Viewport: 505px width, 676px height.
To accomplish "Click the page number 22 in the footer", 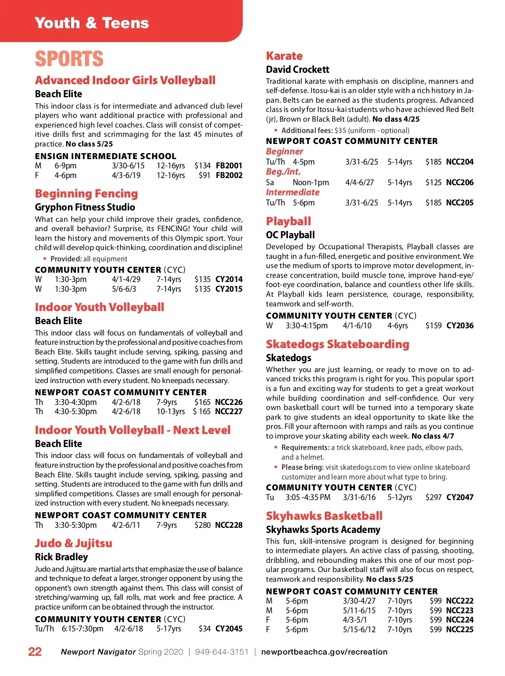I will [35, 652].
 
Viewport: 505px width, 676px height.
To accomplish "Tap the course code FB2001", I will [229, 165].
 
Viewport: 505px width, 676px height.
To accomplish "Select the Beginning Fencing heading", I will [86, 194].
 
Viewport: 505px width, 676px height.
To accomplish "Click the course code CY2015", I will [229, 289].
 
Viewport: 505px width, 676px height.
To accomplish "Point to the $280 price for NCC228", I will [202, 525].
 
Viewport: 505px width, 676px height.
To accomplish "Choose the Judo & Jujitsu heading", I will [74, 543].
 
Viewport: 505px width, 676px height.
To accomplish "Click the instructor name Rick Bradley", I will [61, 557].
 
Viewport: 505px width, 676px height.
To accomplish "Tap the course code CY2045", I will [229, 628].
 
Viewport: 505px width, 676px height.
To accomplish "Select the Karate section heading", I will [284, 56].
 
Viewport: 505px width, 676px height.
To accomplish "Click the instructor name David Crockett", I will [298, 69].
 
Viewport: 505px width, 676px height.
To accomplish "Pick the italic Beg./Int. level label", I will [283, 172].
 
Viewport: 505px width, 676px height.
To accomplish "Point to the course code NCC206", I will [460, 182].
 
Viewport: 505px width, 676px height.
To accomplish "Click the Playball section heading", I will [288, 221].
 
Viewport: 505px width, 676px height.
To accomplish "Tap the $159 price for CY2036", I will [433, 325].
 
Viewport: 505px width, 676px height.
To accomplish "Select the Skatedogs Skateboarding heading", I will [338, 344].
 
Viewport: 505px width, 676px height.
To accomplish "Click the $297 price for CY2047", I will [433, 497].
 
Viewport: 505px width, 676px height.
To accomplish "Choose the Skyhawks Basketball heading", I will [324, 516].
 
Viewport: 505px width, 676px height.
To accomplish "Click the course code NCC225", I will [460, 629].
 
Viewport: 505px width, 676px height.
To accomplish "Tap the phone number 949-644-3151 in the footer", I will [222, 652].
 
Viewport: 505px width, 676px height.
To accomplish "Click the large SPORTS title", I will [69, 59].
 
